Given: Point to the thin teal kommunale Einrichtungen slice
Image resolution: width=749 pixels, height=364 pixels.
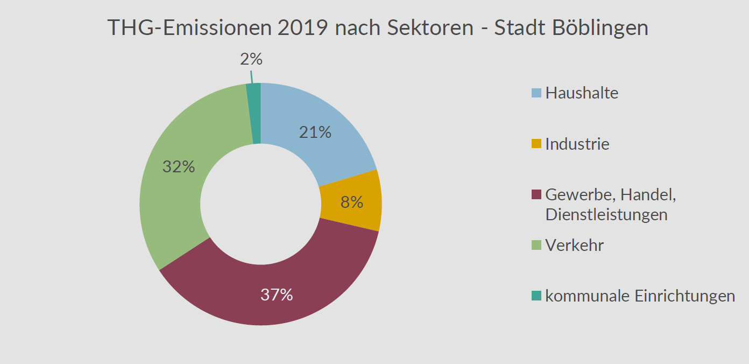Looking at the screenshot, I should coord(254,113).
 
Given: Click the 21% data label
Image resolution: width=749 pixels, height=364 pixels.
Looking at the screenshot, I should coord(315,132).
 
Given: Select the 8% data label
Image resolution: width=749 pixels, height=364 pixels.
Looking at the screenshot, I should coord(352,202).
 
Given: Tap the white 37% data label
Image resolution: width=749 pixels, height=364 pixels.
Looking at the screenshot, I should coord(276,295).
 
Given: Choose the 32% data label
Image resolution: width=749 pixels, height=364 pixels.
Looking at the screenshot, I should coord(178,167).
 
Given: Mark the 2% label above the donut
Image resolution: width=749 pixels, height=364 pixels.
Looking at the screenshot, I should coord(251,59).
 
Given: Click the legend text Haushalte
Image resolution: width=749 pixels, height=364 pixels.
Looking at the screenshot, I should coord(582,93).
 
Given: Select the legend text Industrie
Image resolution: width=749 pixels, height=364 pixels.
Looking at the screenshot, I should coord(577,144).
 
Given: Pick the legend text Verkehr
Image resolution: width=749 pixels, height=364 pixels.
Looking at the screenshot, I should coord(575,246).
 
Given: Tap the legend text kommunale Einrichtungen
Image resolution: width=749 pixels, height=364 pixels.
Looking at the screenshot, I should coord(640,296).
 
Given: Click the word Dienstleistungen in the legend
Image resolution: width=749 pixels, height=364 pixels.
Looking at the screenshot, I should coord(606,214).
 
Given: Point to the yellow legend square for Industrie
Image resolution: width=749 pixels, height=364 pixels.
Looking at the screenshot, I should coord(536,144).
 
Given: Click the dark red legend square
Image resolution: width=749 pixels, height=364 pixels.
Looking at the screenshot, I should coord(536,194).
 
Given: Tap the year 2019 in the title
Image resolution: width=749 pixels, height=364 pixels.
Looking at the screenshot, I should coord(303,28).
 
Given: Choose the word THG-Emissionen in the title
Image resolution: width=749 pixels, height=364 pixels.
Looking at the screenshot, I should coord(190,28).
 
